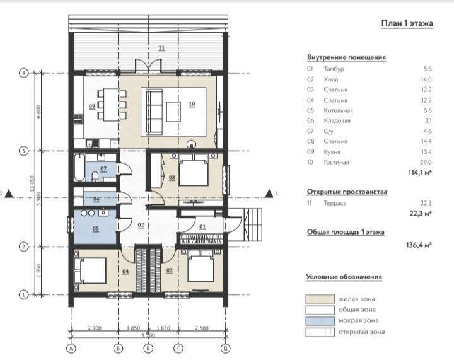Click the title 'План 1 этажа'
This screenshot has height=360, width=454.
pyautogui.click(x=407, y=23)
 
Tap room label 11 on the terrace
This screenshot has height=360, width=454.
pyautogui.click(x=161, y=47)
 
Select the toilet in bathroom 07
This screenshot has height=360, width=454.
pyautogui.click(x=95, y=177)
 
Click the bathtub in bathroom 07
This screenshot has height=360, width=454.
pyautogui.click(x=79, y=168)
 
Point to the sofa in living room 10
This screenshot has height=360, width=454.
pyautogui.click(x=154, y=112)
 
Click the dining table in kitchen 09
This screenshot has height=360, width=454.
pyautogui.click(x=112, y=105)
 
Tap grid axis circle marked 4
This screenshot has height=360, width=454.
pyautogui.click(x=23, y=73)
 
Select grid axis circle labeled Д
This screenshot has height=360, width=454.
pyautogui.click(x=225, y=349)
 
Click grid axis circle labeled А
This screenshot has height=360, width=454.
pyautogui.click(x=71, y=349)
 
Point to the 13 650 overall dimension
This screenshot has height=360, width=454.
pyautogui.click(x=32, y=183)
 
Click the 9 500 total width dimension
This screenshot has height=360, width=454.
pyautogui.click(x=148, y=335)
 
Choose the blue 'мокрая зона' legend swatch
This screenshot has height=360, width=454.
pyautogui.click(x=320, y=321)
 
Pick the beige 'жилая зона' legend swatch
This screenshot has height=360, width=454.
pyautogui.click(x=320, y=299)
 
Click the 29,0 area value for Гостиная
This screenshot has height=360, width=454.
pyautogui.click(x=426, y=163)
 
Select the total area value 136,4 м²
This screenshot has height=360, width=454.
pyautogui.click(x=419, y=245)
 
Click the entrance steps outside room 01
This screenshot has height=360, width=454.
pyautogui.click(x=252, y=225)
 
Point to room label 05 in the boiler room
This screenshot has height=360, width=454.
pyautogui.click(x=96, y=229)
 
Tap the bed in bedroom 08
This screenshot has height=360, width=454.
pyautogui.click(x=194, y=170)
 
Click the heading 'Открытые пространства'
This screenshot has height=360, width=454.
pyautogui.click(x=347, y=192)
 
